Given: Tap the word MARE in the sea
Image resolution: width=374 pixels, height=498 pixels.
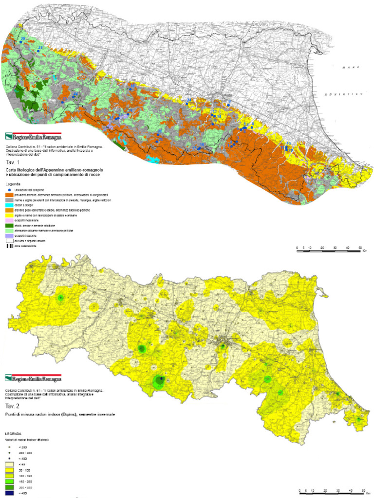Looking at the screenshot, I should (x=349, y=67).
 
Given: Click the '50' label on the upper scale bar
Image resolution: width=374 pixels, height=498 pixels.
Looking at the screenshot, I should (x=360, y=248).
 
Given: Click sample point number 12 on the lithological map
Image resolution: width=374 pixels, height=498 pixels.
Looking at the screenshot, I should (x=291, y=151).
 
